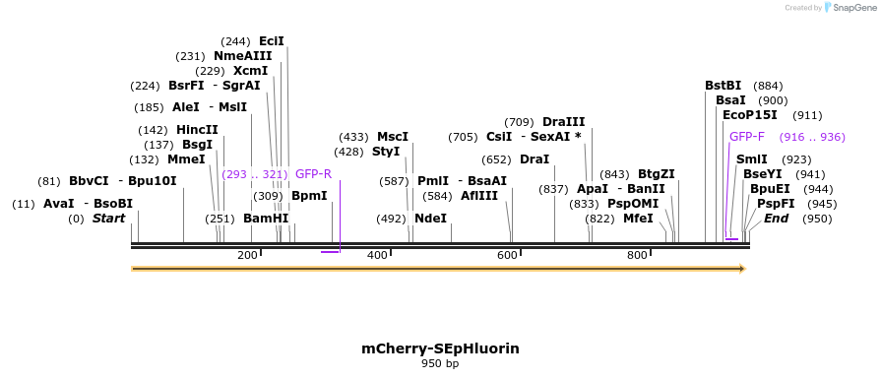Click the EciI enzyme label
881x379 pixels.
[x=271, y=41]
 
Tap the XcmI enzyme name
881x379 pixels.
[x=250, y=71]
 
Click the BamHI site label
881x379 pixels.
[x=266, y=219]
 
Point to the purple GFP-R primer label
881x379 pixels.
[x=313, y=174]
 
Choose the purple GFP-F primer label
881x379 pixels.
[x=747, y=137]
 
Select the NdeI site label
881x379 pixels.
[x=430, y=219]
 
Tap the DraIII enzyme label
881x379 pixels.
[x=563, y=122]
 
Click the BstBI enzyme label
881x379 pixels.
[x=723, y=86]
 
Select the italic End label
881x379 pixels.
[x=776, y=219]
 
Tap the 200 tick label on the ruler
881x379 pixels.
[x=247, y=256]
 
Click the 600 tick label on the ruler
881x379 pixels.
[x=507, y=256]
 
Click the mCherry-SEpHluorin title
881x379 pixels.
[x=440, y=348]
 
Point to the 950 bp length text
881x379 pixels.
[x=440, y=364]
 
